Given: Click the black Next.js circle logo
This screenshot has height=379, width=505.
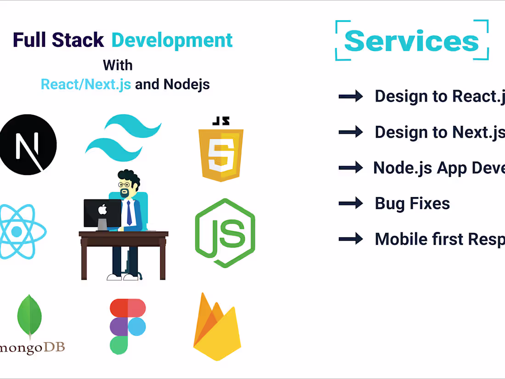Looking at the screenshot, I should click(28, 145).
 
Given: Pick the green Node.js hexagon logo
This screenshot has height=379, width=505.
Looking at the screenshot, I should click(225, 233).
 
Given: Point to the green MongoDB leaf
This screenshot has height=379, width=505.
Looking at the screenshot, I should click(29, 317).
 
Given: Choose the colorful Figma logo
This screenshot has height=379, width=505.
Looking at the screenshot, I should click(128, 326).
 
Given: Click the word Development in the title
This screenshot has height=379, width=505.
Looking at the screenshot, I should click(172, 40).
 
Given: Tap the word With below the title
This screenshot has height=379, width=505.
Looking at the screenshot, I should click(118, 65).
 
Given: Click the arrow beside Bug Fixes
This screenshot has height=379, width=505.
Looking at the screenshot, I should click(351, 203).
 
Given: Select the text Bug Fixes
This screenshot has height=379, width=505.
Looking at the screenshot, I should click(412, 203).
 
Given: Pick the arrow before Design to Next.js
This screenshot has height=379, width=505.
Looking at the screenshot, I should click(351, 132).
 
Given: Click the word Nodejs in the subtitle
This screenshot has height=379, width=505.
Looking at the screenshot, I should click(186, 84).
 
